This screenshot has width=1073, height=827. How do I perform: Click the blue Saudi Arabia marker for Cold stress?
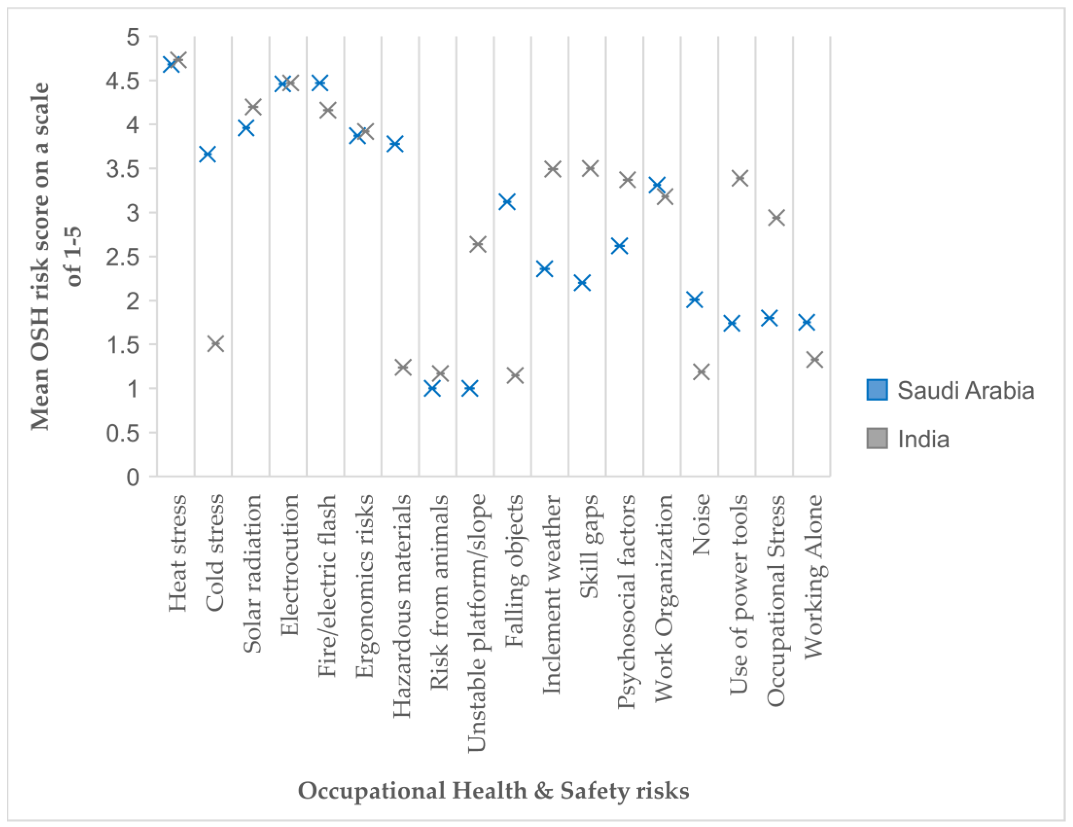(x=208, y=154)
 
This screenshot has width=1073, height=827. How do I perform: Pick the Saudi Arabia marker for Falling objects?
(x=507, y=202)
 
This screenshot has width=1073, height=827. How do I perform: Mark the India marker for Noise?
(x=702, y=372)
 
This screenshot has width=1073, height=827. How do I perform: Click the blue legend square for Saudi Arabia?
(x=877, y=390)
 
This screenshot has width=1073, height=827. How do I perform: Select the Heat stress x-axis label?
(x=178, y=553)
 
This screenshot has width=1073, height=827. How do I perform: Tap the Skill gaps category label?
(x=589, y=546)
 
